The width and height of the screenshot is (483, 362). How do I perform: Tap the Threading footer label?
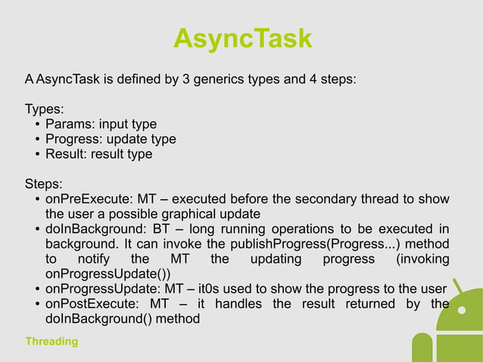(x=51, y=342)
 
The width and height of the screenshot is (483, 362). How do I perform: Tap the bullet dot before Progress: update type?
(x=38, y=139)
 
